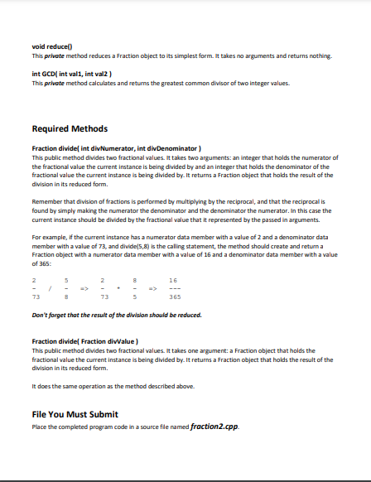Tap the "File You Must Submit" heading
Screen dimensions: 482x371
pyautogui.click(x=75, y=413)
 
